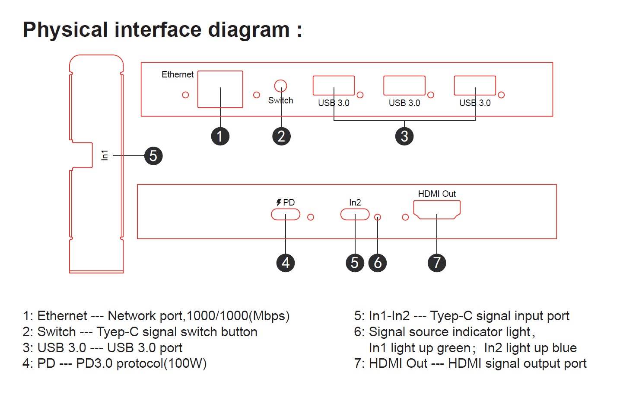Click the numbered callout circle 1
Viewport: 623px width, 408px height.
click(x=220, y=136)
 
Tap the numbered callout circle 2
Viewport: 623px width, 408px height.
click(x=281, y=136)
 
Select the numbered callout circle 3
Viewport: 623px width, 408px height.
click(x=404, y=136)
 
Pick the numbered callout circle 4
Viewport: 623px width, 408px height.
click(x=286, y=263)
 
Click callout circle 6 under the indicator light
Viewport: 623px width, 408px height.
click(x=378, y=263)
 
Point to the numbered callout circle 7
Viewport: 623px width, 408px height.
click(x=437, y=263)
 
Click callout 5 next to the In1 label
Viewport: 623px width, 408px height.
click(x=153, y=156)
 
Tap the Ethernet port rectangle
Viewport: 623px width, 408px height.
click(x=220, y=89)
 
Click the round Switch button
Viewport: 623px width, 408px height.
click(x=280, y=85)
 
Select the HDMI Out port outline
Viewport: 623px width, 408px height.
click(x=437, y=210)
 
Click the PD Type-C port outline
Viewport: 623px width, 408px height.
click(x=286, y=214)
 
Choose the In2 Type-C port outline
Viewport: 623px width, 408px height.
click(x=355, y=214)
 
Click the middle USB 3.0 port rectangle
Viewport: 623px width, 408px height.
click(x=404, y=85)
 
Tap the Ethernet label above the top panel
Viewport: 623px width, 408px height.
click(x=177, y=74)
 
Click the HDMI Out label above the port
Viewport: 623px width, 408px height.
click(x=437, y=194)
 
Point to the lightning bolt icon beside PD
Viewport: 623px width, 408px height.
click(x=279, y=202)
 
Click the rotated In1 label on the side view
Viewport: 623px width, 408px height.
click(x=105, y=155)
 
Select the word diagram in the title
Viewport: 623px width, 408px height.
click(x=249, y=30)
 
